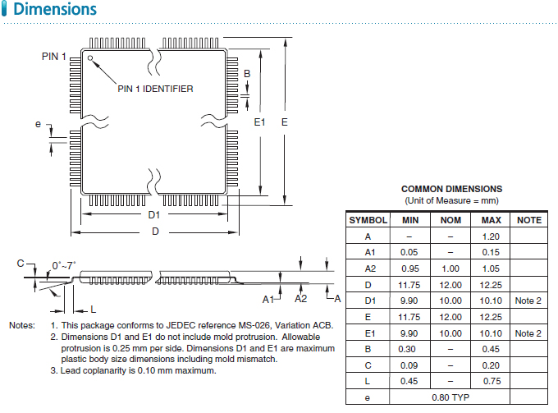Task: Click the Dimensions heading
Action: coord(56,11)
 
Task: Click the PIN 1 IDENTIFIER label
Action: coord(156,89)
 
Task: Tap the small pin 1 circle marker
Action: coord(91,58)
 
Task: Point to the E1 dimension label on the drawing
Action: coord(259,122)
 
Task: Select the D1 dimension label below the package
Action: coord(153,215)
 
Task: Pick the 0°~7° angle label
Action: coord(64,264)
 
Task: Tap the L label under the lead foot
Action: coord(94,309)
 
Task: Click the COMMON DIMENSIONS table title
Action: coord(451,189)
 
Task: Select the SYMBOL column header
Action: coord(368,220)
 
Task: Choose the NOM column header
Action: coord(451,220)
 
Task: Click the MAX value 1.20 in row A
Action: coord(491,236)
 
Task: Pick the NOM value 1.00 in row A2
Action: coord(451,268)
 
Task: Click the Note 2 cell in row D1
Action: coord(528,301)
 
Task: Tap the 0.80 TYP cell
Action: coord(451,397)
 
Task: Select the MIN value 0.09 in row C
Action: coord(410,365)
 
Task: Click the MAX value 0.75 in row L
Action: coord(491,381)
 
